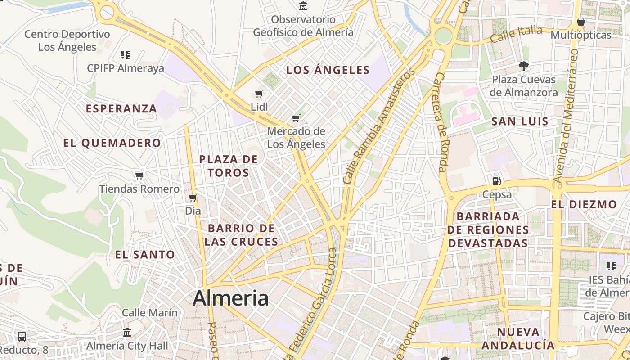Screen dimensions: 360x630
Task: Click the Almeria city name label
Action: tap(231, 298)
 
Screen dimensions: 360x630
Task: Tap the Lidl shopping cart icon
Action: tap(259, 94)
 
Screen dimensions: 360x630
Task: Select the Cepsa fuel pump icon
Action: tap(497, 181)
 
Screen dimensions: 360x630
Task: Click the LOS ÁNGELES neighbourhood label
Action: tap(328, 70)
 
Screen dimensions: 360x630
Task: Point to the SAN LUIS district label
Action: tap(520, 121)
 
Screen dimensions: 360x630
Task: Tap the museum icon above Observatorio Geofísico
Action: tap(303, 6)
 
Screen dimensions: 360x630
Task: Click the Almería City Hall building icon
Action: tap(127, 333)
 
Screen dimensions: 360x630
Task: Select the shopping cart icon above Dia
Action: tap(193, 198)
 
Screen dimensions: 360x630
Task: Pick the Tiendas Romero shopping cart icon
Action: tap(139, 175)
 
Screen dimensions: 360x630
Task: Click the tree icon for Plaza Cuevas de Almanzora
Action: tap(523, 66)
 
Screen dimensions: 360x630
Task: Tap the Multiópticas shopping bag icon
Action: tap(581, 22)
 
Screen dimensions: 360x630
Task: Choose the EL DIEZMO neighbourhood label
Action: tap(584, 204)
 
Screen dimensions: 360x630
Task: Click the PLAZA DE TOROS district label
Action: tap(229, 166)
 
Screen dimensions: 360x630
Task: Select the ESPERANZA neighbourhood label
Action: tap(121, 108)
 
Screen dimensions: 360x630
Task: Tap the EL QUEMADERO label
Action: tap(112, 143)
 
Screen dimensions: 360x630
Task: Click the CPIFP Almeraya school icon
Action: tap(126, 55)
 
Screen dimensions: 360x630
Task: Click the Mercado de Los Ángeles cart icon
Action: tap(296, 118)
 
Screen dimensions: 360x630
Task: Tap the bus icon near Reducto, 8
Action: tap(22, 336)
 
